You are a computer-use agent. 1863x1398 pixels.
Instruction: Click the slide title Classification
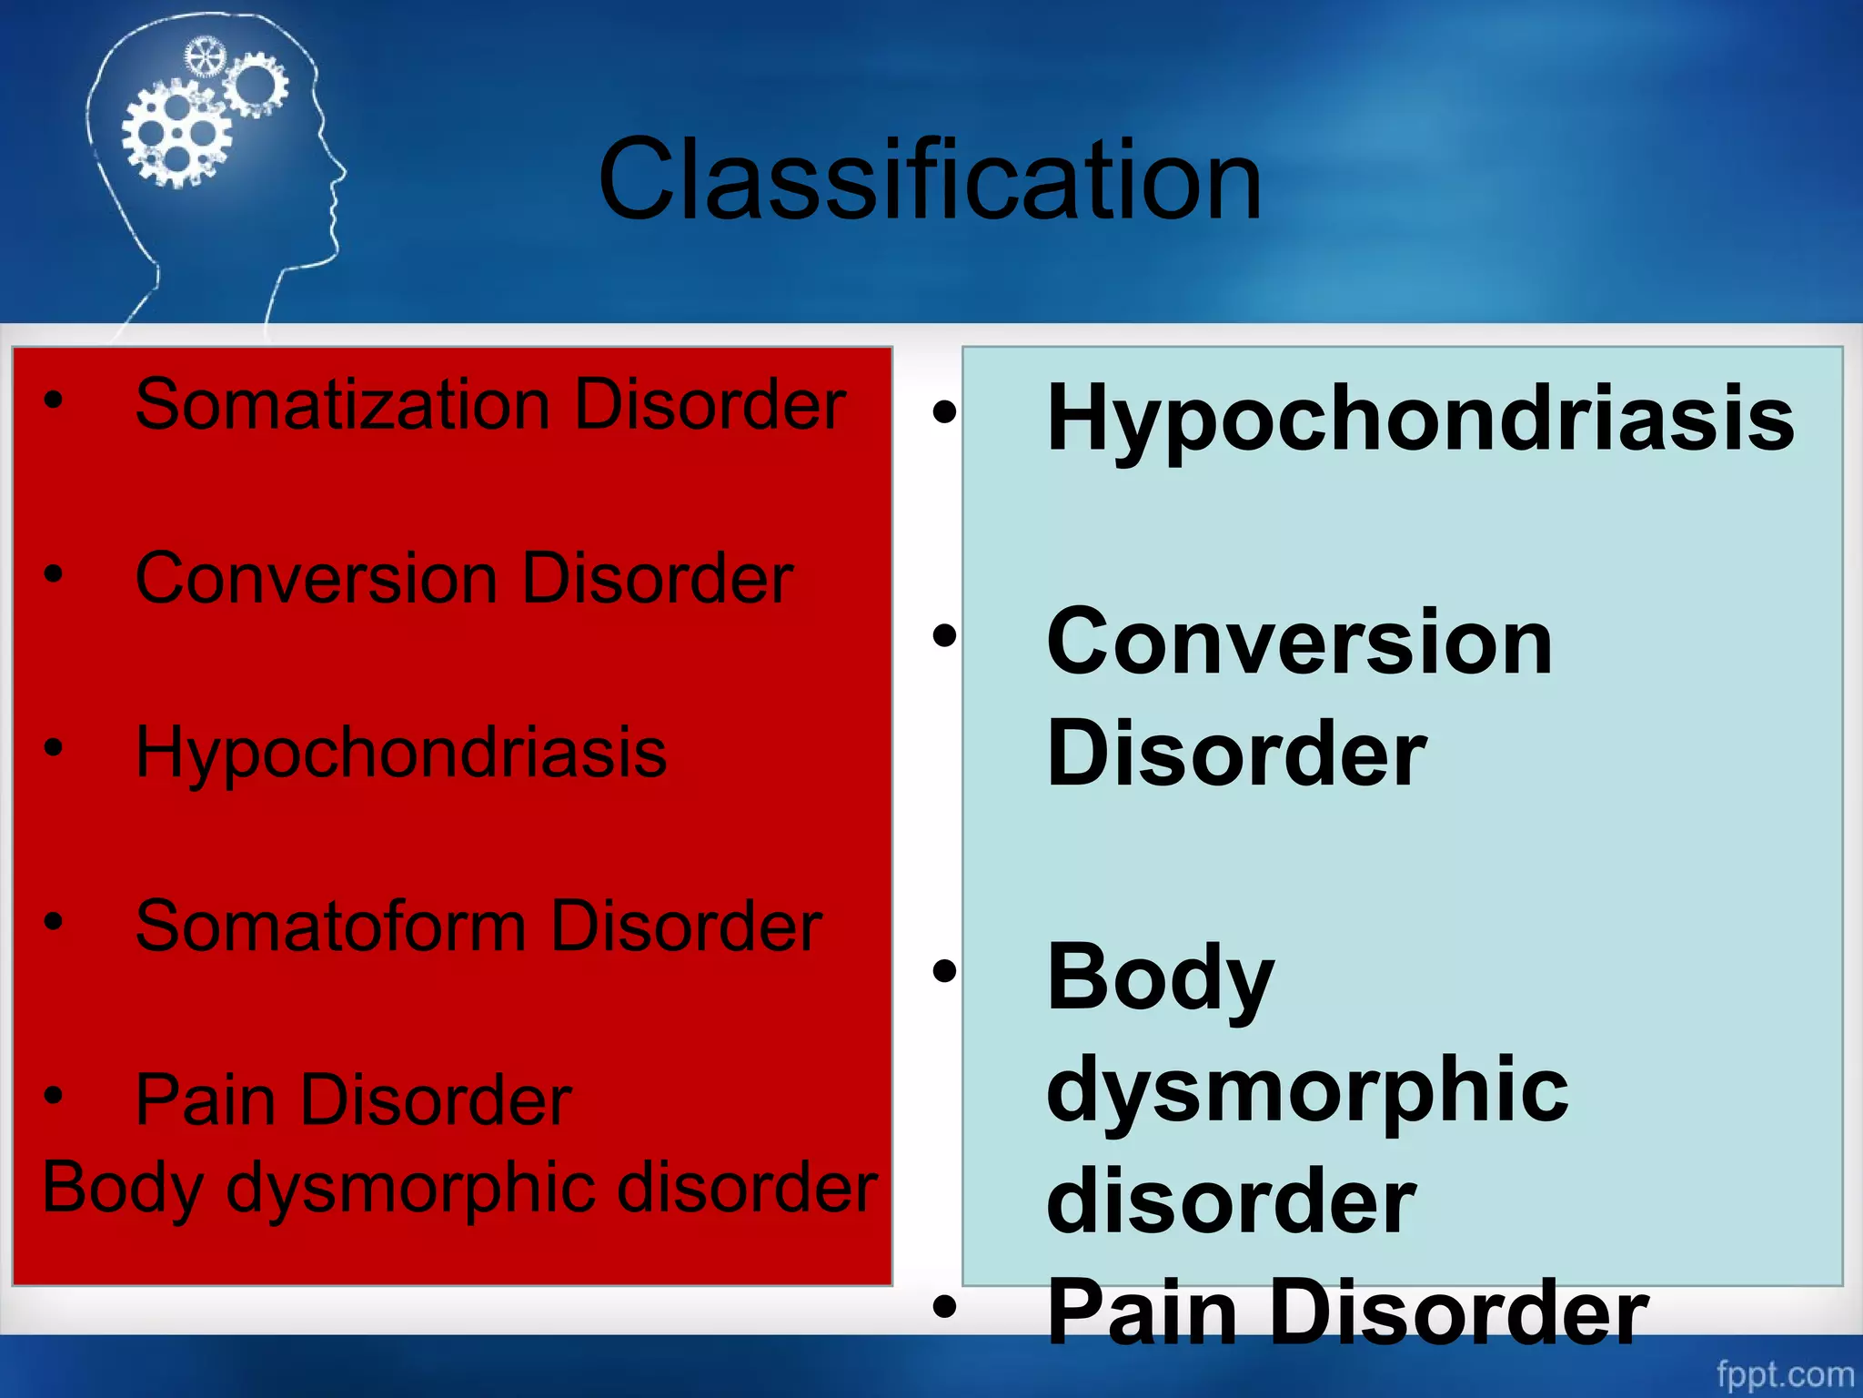pos(930,179)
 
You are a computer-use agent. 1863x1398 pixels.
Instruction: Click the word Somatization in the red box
pos(342,404)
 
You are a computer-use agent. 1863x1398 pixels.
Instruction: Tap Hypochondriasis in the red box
pos(400,754)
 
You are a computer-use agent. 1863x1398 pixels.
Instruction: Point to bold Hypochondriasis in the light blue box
pos(1420,419)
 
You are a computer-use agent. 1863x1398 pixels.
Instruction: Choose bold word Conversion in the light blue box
pos(1299,643)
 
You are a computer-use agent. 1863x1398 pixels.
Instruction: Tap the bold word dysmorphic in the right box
pos(1307,1090)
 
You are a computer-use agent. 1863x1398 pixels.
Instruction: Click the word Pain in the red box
pos(206,1099)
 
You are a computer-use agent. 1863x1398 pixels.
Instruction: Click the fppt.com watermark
pos(1784,1373)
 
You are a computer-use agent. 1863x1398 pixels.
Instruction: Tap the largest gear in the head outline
pos(176,134)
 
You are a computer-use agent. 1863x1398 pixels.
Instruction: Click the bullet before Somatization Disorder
pos(54,399)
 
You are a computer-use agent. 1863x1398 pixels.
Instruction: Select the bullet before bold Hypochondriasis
pos(945,412)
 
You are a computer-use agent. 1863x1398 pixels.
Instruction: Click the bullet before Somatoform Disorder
pos(54,921)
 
